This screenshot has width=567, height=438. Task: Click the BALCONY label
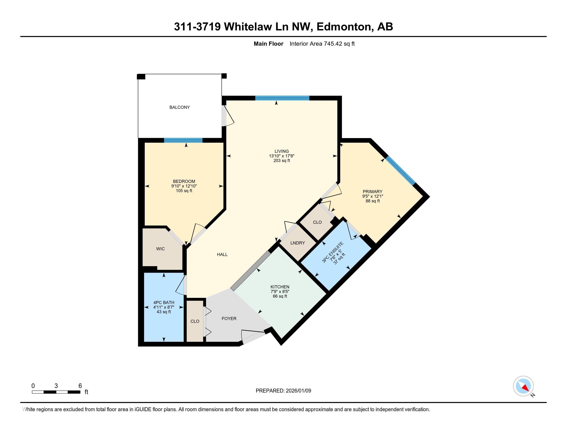click(179, 107)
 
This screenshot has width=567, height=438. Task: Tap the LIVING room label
click(282, 151)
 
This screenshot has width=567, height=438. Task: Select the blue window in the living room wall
click(282, 98)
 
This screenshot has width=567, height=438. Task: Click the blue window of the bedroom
click(183, 140)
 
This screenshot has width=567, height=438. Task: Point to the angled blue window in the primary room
click(400, 171)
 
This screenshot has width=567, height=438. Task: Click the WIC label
click(160, 249)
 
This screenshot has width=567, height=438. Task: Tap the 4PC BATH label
click(164, 302)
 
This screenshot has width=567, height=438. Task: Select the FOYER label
click(229, 318)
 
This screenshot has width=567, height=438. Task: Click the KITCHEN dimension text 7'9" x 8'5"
click(280, 291)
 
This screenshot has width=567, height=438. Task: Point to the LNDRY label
click(297, 243)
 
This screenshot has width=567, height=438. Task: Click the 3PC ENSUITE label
click(332, 252)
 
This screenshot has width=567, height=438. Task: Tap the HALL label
click(222, 255)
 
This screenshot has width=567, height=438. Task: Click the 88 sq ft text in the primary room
click(373, 201)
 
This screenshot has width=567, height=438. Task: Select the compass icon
click(523, 386)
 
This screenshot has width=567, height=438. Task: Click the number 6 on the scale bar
click(80, 386)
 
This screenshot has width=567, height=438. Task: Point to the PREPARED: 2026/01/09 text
click(283, 391)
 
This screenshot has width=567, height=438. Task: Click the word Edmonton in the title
click(344, 27)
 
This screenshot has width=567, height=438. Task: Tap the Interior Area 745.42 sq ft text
click(322, 44)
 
